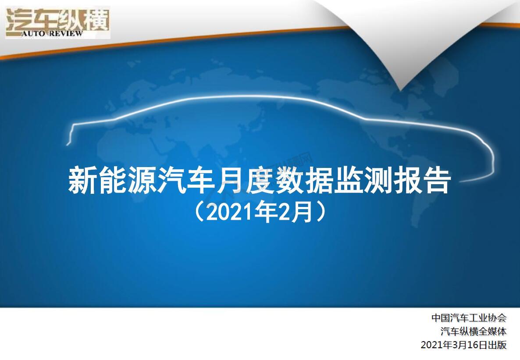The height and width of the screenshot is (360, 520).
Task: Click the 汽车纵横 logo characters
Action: click(57, 19)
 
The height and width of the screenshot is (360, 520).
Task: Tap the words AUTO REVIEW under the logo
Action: click(53, 33)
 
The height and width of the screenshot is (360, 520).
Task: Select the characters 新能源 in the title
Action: click(112, 181)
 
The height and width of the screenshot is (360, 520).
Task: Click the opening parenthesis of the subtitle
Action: click(199, 212)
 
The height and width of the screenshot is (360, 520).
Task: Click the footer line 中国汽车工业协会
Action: click(469, 318)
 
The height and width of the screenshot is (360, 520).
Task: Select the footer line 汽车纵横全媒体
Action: click(474, 331)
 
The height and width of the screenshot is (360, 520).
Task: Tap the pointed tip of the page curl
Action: click(400, 89)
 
